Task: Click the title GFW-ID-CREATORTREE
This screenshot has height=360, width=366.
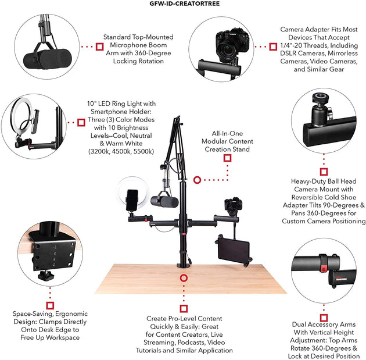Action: point(184,3)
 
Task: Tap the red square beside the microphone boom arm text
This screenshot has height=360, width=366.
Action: point(100,47)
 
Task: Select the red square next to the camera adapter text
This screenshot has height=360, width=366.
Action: point(273,47)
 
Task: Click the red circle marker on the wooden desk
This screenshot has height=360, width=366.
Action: point(184,278)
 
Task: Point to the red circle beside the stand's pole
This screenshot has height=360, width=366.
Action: point(198,180)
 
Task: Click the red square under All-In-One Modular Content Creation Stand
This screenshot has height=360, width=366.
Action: point(227,158)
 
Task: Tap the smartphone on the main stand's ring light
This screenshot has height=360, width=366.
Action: point(132,200)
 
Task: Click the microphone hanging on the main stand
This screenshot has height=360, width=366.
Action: point(164,201)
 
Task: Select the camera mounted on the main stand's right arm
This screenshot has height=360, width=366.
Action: point(233,205)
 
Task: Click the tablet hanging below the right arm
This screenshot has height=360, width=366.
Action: point(234,250)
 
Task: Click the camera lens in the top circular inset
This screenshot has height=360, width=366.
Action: point(227,52)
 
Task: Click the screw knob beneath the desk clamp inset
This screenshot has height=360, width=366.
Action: point(46,275)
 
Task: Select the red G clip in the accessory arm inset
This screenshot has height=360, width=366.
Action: point(324,268)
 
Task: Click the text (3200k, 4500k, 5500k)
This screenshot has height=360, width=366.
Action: point(121,151)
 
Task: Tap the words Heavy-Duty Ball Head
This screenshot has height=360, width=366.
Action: point(324,181)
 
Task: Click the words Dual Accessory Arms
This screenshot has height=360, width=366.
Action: point(324,325)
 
